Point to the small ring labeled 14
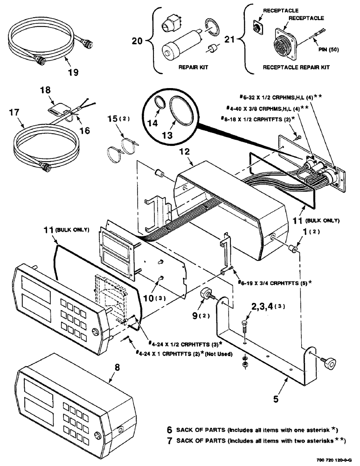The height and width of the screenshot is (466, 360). coord(158,105)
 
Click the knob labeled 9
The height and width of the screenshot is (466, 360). coord(205,295)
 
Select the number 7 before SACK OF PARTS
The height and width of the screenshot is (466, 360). coord(169,440)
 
